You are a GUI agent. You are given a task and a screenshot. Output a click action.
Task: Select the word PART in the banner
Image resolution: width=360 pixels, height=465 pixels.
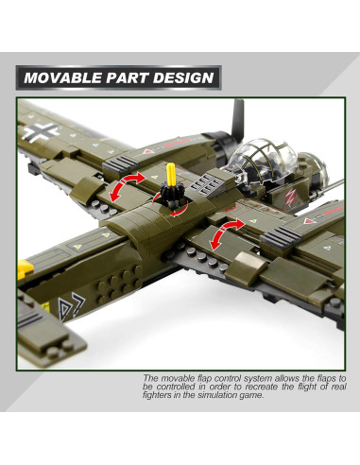(x=129, y=77)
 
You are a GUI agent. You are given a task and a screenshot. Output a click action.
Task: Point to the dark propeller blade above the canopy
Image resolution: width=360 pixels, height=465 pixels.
(x=237, y=117)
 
